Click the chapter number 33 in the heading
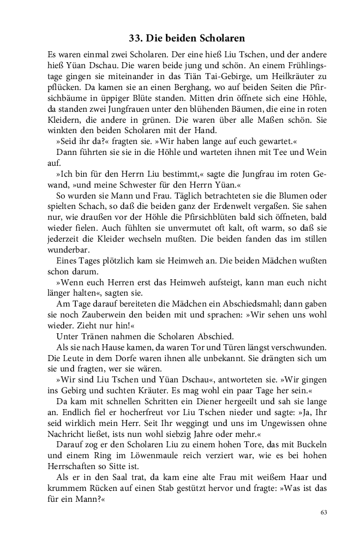[x=135, y=39]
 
